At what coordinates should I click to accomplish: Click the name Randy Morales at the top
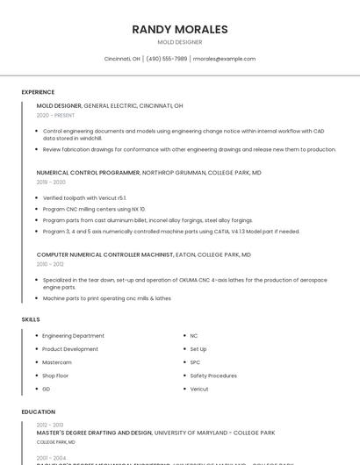click(180, 29)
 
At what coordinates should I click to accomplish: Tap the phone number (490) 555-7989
click(167, 59)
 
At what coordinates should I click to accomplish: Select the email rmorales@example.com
click(224, 59)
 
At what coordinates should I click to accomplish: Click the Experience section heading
click(38, 92)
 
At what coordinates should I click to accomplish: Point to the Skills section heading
click(31, 319)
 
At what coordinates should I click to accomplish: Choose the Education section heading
click(38, 411)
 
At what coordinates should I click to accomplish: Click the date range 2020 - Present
click(55, 115)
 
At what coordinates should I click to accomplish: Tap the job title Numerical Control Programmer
click(88, 173)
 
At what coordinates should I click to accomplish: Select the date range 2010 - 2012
click(50, 263)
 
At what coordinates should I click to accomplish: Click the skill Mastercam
click(57, 361)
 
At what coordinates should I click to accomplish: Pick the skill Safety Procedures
click(213, 376)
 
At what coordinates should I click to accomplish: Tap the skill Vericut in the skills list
click(199, 389)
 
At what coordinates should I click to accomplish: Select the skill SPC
click(195, 361)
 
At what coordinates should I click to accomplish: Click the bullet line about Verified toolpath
click(85, 198)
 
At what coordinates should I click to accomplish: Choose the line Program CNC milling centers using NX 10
click(94, 209)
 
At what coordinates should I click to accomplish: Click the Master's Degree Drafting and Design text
click(95, 433)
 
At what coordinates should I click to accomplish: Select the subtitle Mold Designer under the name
click(180, 42)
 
